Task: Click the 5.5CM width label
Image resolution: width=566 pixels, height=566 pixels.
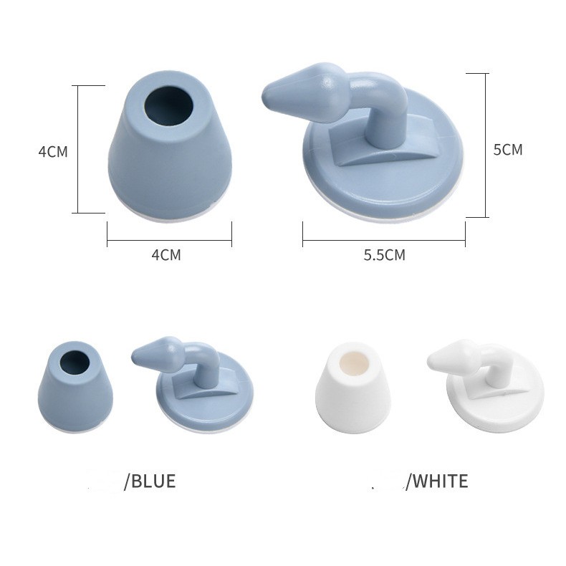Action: (x=385, y=255)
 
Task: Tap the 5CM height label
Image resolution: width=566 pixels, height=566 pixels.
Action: (x=508, y=150)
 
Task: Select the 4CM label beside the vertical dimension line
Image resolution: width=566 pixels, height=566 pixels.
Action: (x=53, y=152)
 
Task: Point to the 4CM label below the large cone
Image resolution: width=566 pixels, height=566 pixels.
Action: (x=166, y=255)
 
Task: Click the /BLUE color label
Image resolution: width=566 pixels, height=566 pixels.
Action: (x=150, y=481)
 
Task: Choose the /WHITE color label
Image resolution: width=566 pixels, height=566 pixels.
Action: (x=437, y=481)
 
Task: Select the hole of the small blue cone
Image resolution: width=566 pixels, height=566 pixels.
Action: (x=75, y=362)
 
